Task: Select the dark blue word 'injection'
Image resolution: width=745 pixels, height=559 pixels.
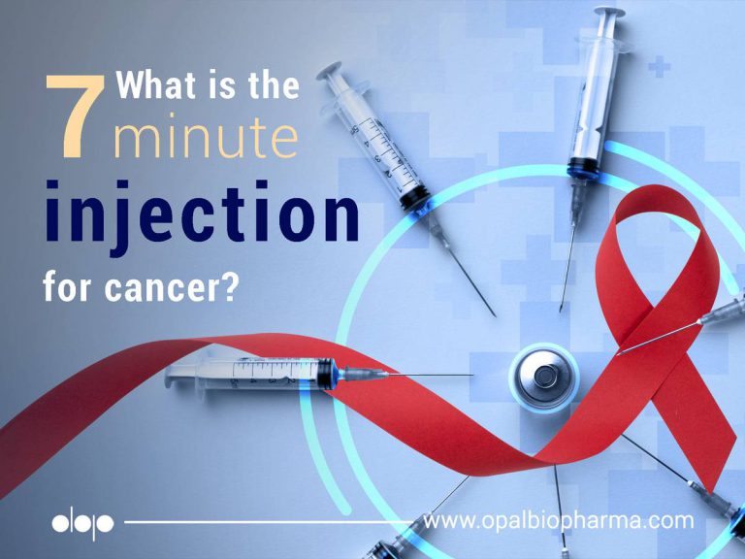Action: point(200,215)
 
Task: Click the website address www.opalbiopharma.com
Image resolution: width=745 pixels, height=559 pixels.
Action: point(559,521)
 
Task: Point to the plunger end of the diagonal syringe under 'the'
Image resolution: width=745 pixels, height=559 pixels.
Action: point(333,74)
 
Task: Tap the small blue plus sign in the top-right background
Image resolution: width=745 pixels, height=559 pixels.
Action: point(660,68)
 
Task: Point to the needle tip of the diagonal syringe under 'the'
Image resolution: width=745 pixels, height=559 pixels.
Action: point(494,315)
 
